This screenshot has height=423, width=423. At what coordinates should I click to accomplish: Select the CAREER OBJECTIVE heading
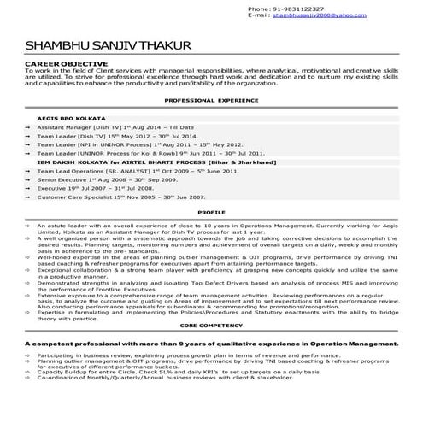(x=67, y=64)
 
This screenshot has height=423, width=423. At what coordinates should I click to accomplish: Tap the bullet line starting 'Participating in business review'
(x=171, y=352)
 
